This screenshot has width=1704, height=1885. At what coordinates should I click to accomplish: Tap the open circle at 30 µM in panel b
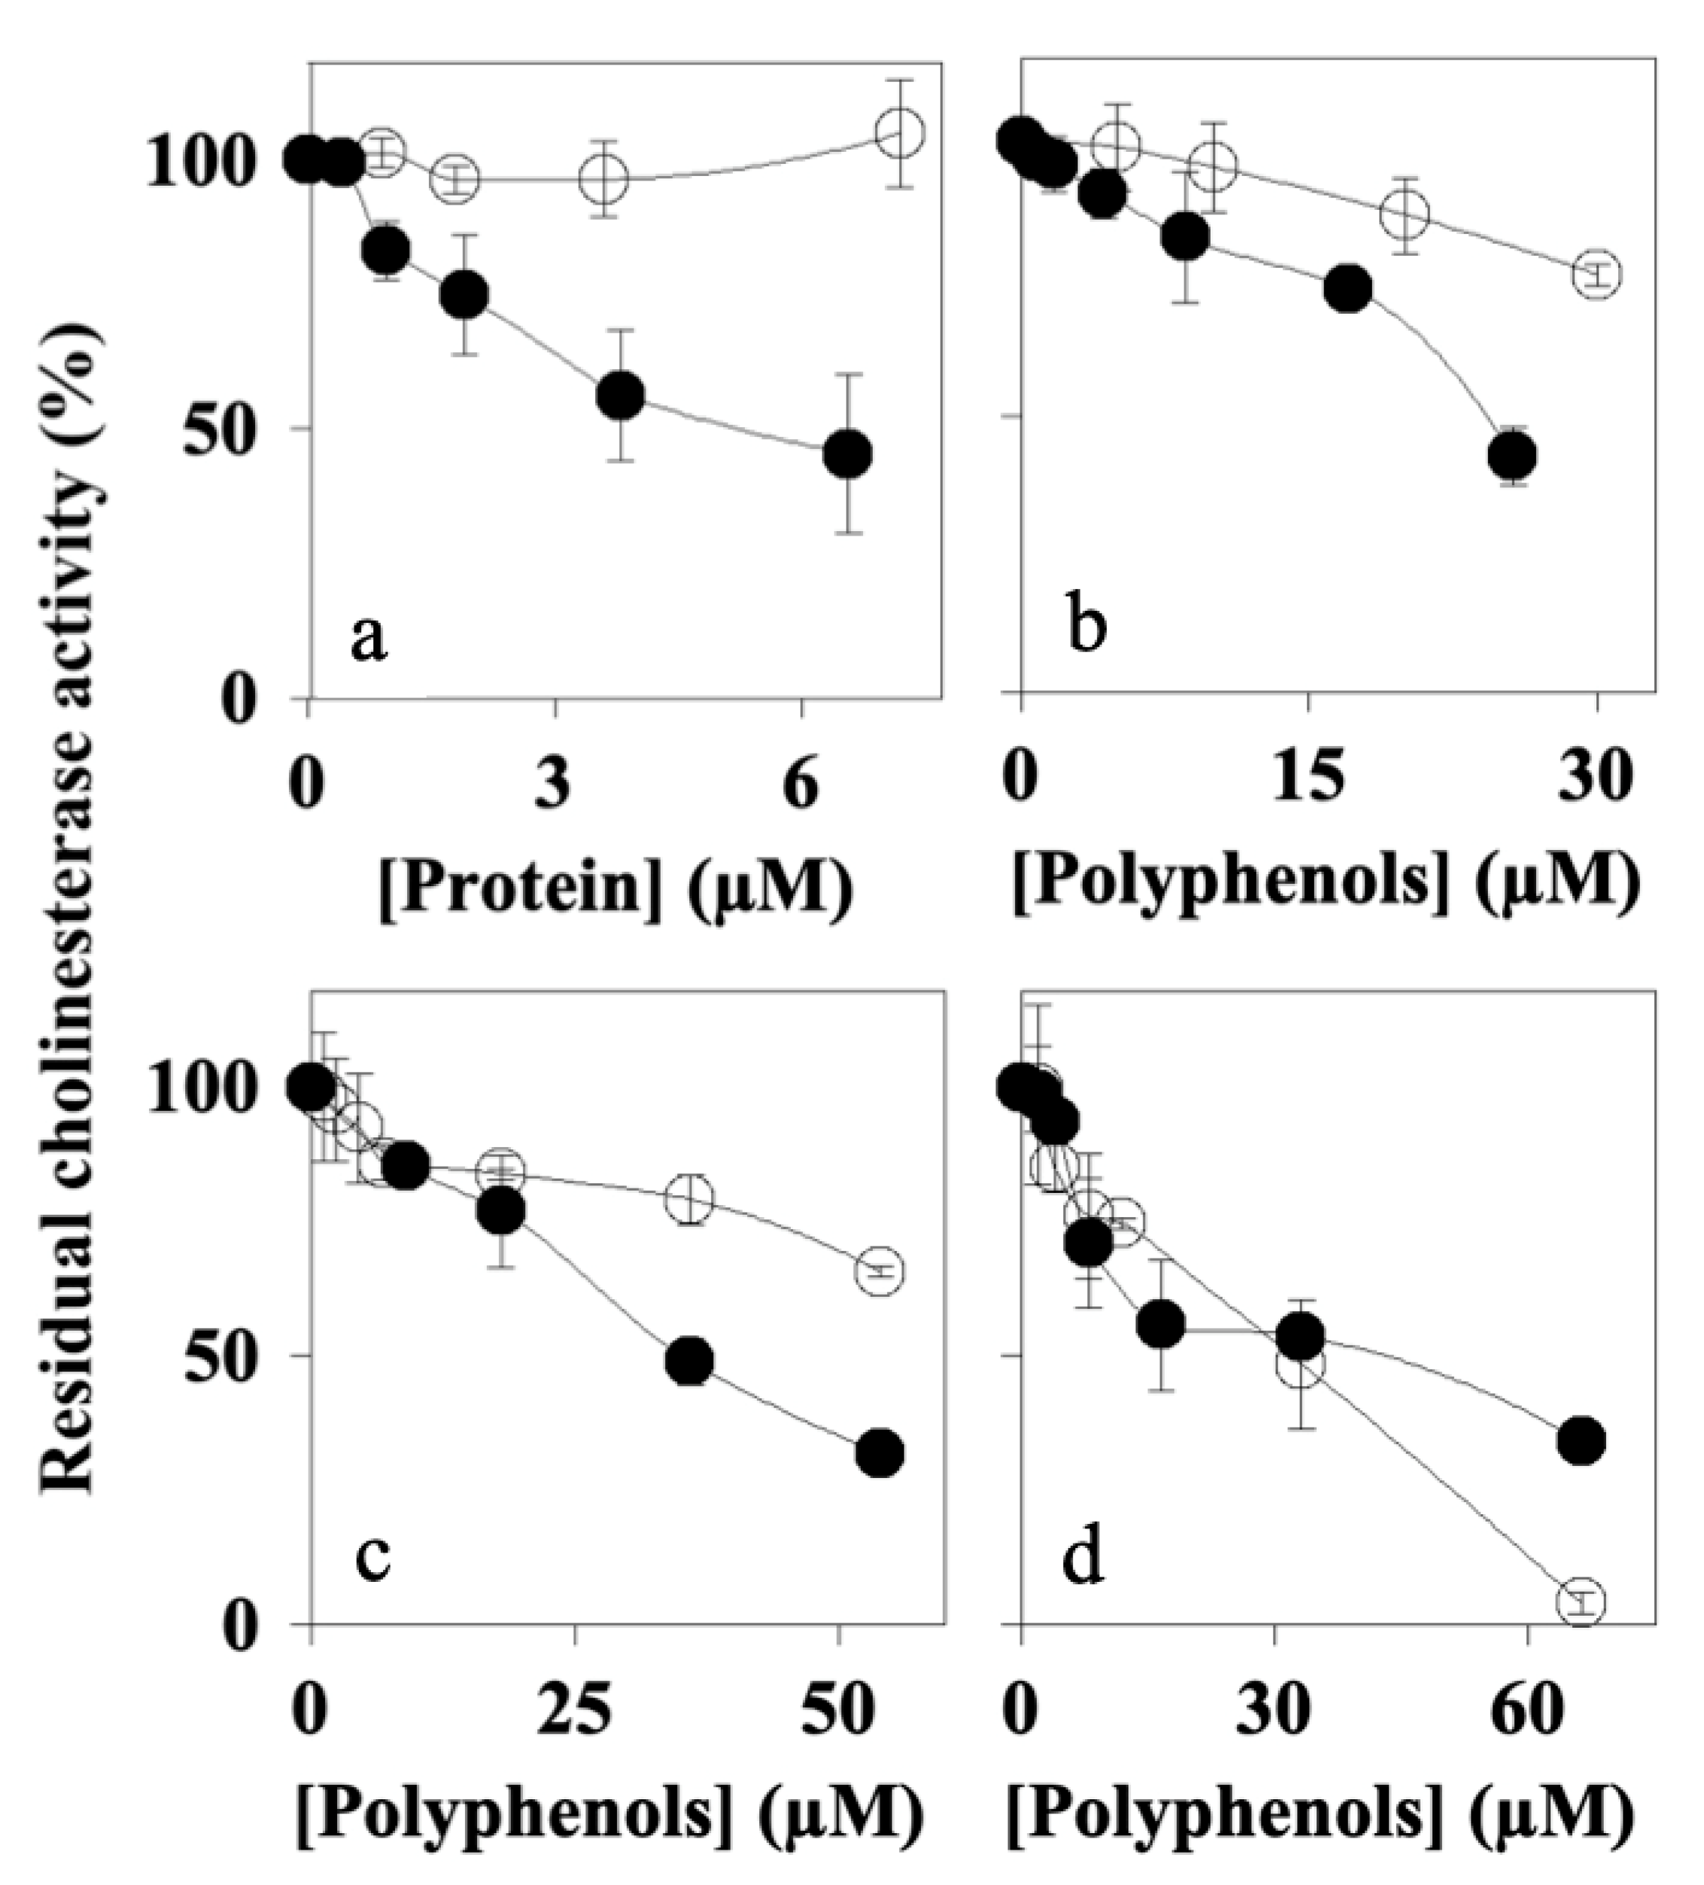1596,274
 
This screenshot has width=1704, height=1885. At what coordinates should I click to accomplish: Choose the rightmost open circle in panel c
879,1270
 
